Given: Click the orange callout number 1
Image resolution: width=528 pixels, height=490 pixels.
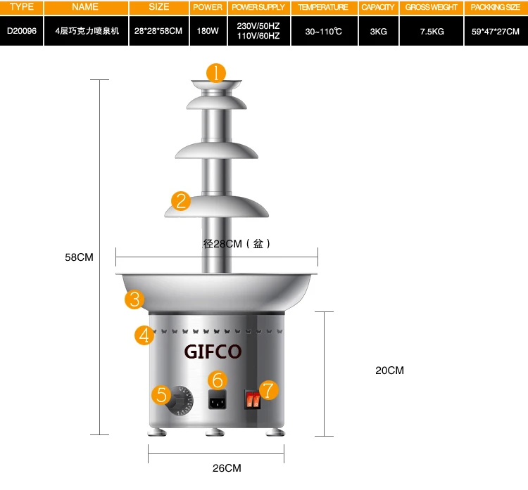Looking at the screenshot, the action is (216, 73).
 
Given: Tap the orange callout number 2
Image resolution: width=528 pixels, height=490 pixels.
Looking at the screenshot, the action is (181, 201).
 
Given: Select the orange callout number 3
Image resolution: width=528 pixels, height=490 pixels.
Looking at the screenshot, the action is (134, 299).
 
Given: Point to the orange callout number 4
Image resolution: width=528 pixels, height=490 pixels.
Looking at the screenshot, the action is (144, 335).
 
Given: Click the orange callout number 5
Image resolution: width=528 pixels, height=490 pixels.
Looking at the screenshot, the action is (161, 394).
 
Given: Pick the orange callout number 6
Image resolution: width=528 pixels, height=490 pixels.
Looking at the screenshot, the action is (218, 380).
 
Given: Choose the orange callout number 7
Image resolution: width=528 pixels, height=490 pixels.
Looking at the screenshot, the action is (268, 390).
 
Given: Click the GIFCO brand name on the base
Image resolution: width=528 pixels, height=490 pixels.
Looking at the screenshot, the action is (213, 352).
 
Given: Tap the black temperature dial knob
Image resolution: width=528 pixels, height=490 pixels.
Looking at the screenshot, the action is (179, 401).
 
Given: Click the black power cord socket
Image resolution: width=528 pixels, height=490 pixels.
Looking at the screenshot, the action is (218, 400).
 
